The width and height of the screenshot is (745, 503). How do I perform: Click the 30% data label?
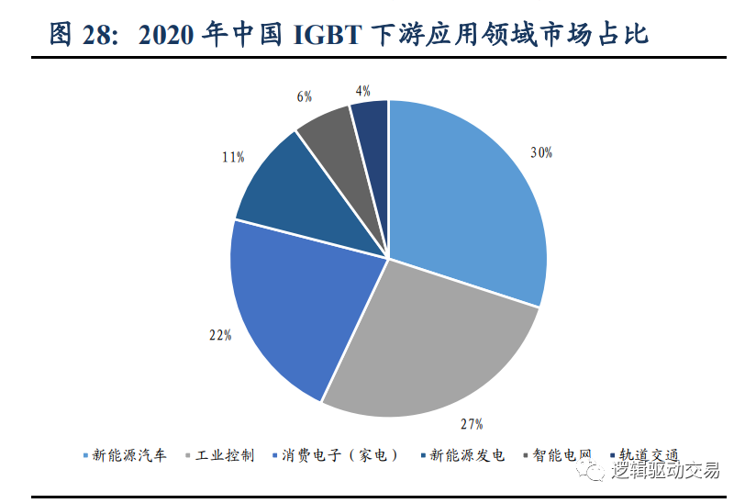click(x=541, y=152)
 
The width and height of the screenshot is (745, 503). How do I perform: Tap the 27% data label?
click(x=471, y=424)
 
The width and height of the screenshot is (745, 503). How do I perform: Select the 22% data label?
click(x=219, y=335)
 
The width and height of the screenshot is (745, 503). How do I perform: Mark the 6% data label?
click(x=305, y=95)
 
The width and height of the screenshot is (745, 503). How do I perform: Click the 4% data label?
click(x=362, y=90)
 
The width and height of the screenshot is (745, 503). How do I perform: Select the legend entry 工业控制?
click(x=225, y=455)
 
